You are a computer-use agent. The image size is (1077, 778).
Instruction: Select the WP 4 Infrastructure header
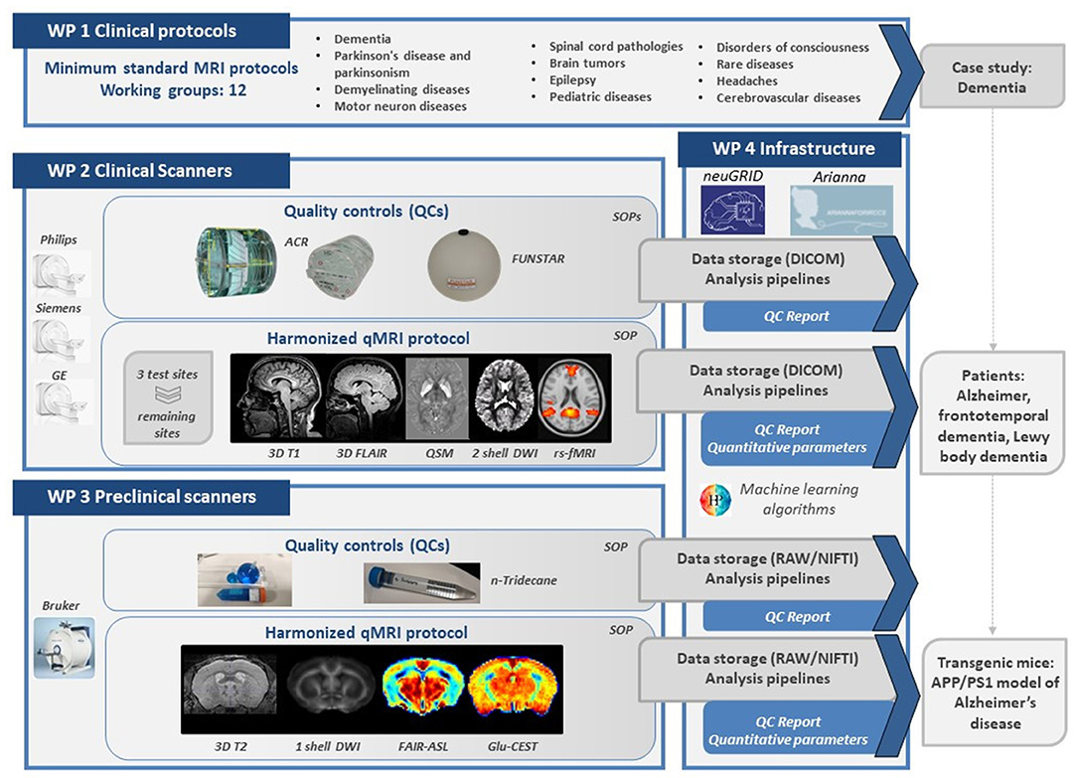792,150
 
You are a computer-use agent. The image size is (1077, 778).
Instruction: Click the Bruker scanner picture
64,647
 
